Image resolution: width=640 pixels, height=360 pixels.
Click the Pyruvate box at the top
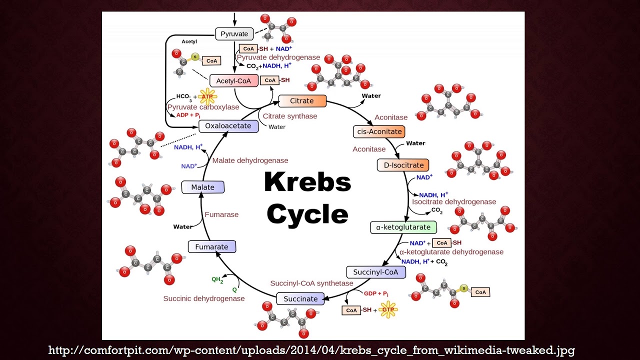(x=234, y=34)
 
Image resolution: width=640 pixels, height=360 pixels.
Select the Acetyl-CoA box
(x=234, y=81)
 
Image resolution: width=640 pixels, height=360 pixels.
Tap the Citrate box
(x=302, y=101)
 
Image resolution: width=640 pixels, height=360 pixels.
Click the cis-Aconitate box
(x=378, y=131)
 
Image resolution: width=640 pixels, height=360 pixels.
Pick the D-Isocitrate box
(x=403, y=165)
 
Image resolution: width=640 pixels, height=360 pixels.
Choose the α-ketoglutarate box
(x=403, y=227)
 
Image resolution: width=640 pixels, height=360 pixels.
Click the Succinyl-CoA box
(x=375, y=272)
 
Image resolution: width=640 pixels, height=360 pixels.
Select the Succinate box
(x=300, y=298)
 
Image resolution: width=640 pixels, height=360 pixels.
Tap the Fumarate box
(x=211, y=246)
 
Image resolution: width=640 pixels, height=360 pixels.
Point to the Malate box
(x=202, y=187)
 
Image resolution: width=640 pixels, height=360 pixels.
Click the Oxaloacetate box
(x=228, y=126)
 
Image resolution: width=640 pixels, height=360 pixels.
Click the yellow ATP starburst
(x=207, y=96)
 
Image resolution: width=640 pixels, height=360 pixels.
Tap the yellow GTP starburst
(x=388, y=309)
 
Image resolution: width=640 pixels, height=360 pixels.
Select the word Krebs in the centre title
(x=307, y=182)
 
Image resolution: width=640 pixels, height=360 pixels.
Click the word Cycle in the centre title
(x=307, y=214)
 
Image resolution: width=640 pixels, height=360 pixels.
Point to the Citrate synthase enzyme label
(x=290, y=116)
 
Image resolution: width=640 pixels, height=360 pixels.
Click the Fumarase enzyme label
(x=221, y=214)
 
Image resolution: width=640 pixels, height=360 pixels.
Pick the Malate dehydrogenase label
(x=250, y=160)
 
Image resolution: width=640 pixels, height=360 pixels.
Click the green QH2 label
(x=217, y=280)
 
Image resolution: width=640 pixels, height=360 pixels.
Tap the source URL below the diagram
(x=311, y=350)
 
